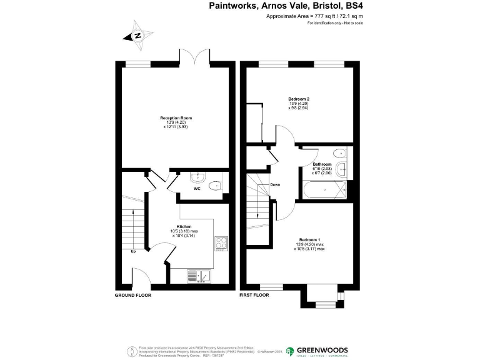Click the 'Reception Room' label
pos(175,117)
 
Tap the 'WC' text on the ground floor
pos(196,187)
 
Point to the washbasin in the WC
pos(196,176)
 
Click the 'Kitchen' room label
pos(184,226)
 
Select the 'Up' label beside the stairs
pos(133,252)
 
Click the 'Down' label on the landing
pos(275,185)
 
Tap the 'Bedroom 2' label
pos(299,99)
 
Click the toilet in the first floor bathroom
pos(339,152)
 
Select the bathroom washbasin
pos(341,169)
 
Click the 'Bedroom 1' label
pos(309,239)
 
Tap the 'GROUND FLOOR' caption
pos(133,294)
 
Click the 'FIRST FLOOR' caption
pos(254,294)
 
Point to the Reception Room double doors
pos(194,56)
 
